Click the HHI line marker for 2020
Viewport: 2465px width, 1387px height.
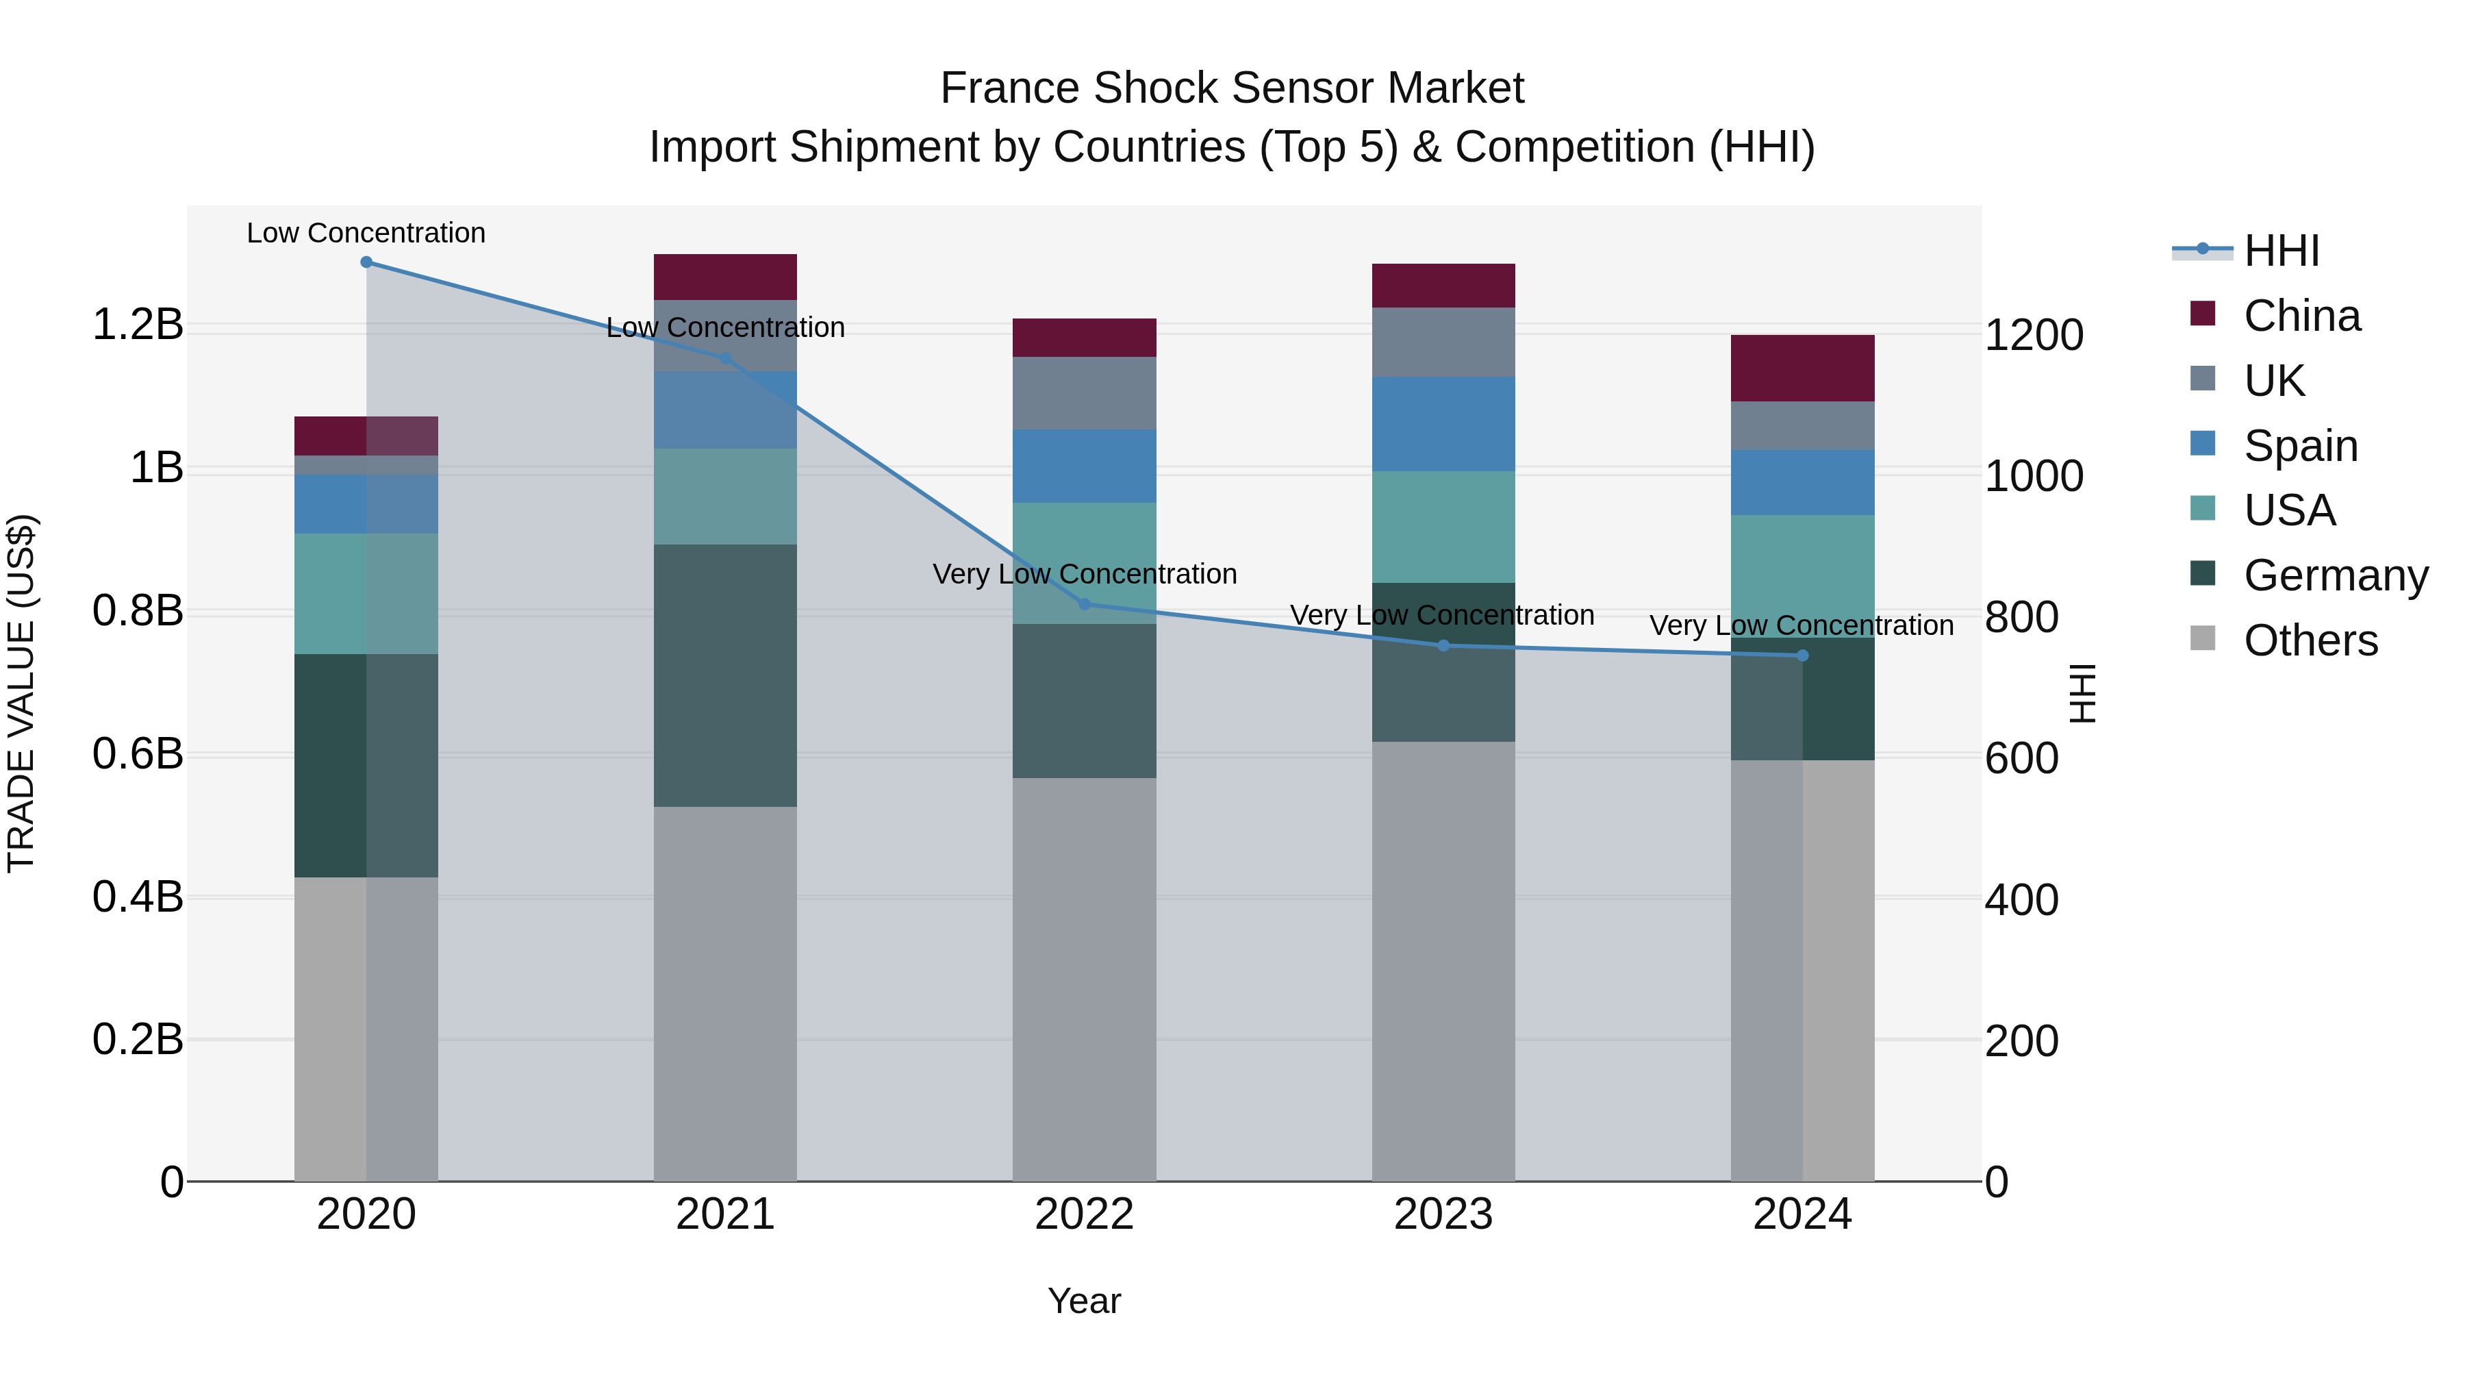[x=366, y=262]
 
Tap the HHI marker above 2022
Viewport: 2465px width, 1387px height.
[x=1084, y=604]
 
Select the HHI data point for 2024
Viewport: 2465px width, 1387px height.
[x=1803, y=655]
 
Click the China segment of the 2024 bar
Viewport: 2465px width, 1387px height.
[x=1803, y=368]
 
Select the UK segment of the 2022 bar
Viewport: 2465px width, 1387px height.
[x=1084, y=393]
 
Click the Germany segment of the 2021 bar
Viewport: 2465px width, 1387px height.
[x=725, y=676]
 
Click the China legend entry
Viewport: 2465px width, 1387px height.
[x=2301, y=316]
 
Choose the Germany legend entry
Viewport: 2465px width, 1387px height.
[x=2335, y=575]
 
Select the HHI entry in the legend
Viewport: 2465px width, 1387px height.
[x=2281, y=251]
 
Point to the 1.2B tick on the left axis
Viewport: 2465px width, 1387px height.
[x=138, y=325]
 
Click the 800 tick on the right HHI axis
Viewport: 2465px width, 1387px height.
[x=2021, y=617]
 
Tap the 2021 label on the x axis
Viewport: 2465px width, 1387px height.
[x=725, y=1214]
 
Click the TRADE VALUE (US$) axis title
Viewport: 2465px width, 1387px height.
[x=21, y=693]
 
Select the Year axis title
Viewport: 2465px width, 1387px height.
[x=1084, y=1301]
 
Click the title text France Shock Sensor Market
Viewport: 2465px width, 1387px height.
[x=1232, y=88]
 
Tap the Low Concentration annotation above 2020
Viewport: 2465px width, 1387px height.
[x=366, y=233]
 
